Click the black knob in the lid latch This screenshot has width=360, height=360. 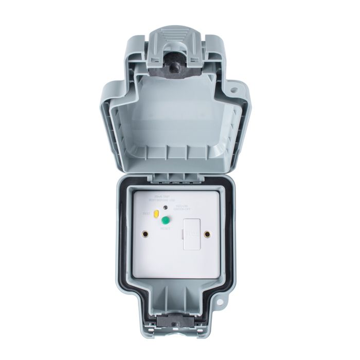click(175, 64)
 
